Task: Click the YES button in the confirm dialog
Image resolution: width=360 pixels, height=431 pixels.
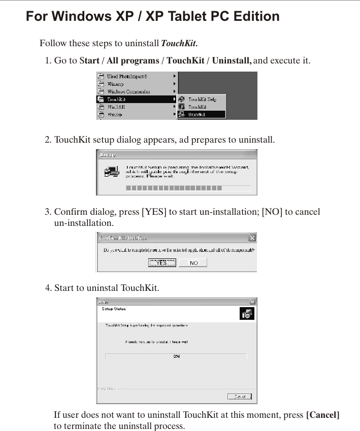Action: (161, 263)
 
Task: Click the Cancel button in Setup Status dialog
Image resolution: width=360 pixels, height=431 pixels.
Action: (240, 396)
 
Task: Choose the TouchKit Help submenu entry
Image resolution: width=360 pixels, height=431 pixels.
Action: (202, 100)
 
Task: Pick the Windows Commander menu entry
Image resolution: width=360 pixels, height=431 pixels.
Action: (128, 92)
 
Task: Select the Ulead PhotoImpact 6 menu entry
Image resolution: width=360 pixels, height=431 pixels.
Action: (127, 77)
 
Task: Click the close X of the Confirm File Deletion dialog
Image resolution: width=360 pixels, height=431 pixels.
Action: (252, 238)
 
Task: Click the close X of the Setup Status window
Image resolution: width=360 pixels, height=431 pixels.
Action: (252, 302)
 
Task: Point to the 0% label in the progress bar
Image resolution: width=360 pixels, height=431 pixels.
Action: (176, 356)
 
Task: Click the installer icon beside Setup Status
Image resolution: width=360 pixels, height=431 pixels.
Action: (247, 314)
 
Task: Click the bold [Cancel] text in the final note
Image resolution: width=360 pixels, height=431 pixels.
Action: (322, 415)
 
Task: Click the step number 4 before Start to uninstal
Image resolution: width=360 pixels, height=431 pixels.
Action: (48, 288)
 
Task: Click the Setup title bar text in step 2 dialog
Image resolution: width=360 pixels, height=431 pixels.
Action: (108, 154)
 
